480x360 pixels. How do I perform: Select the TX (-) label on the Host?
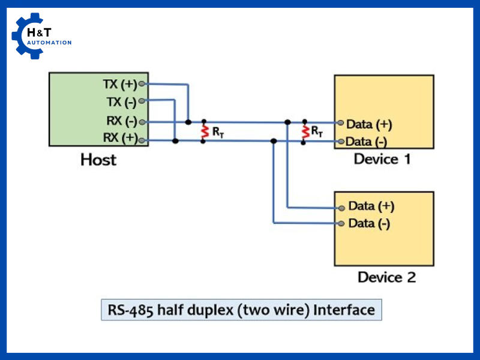point(122,101)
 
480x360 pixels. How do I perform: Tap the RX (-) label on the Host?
point(122,121)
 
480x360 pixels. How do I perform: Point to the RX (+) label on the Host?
point(121,139)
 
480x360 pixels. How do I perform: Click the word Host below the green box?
point(98,160)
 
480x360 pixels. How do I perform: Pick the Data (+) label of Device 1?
point(368,124)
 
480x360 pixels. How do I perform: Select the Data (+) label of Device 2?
point(371,206)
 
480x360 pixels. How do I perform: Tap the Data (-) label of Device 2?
point(368,224)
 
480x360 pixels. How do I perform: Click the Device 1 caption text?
point(382,159)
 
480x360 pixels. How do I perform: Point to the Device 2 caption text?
point(386,277)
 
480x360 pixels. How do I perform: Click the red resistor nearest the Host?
point(204,131)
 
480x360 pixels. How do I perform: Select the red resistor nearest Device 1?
point(304,131)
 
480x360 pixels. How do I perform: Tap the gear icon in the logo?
point(28,36)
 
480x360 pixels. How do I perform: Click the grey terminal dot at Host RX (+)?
point(142,141)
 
